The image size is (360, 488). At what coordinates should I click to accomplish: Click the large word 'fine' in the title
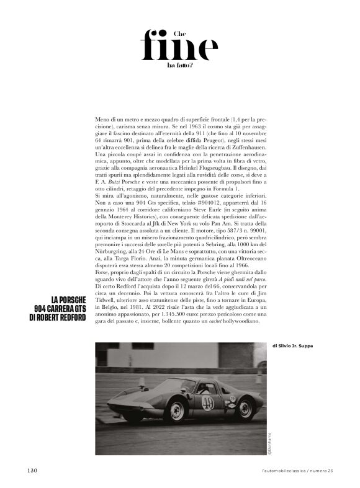(179, 45)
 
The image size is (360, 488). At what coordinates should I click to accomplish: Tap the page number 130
(34, 469)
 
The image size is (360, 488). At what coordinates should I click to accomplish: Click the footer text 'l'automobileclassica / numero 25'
(297, 470)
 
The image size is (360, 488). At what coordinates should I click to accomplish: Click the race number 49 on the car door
(207, 404)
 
